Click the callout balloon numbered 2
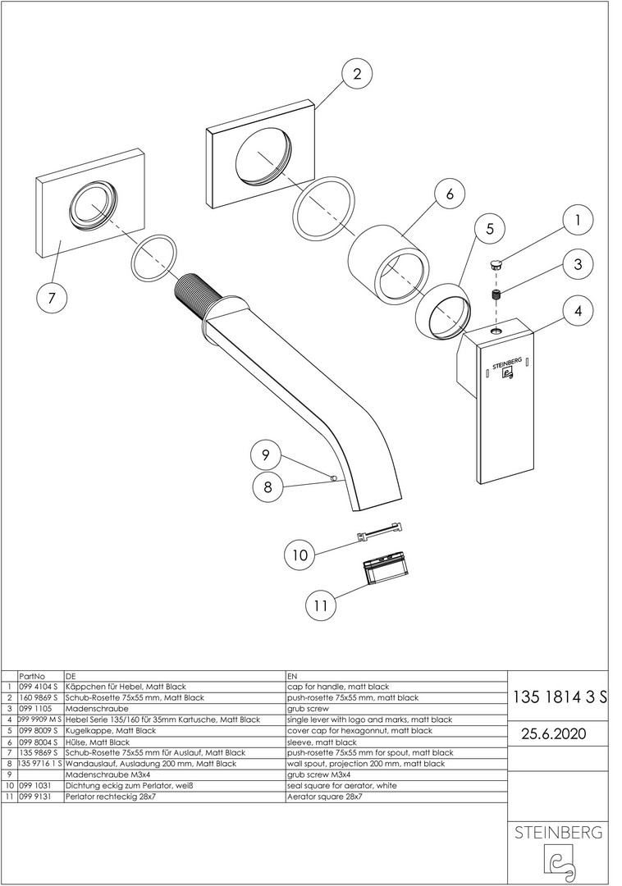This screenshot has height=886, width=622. point(357,74)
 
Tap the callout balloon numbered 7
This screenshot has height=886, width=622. point(52,297)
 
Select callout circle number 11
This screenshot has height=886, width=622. point(320,605)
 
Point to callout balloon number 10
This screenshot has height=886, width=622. point(300,555)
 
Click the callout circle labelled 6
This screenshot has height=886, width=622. point(450,194)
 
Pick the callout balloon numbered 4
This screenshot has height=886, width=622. point(578,310)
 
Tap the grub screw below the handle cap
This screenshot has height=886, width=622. point(496,295)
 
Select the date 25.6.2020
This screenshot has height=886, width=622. point(554,733)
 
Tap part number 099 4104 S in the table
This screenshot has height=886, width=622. point(39,687)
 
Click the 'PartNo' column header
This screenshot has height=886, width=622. point(32,676)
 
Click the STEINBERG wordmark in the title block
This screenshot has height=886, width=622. point(558,833)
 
